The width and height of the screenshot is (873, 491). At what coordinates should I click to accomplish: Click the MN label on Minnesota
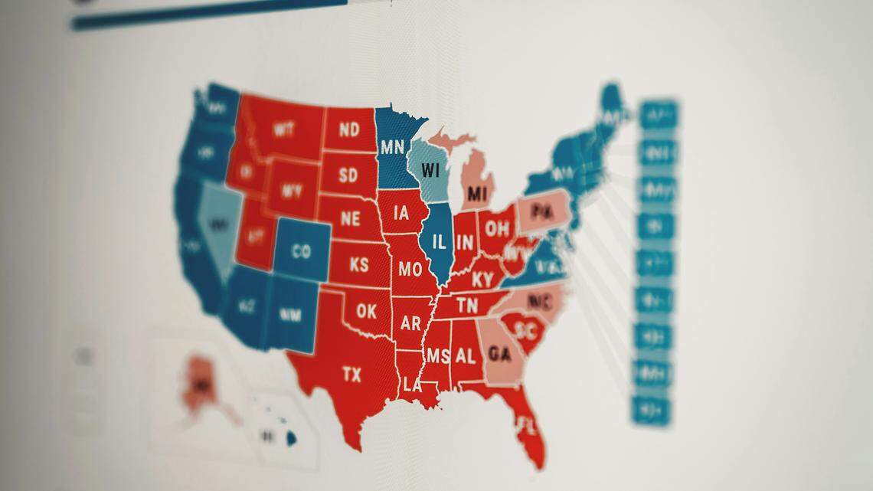pos(392,146)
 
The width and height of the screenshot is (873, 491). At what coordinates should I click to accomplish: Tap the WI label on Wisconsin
pos(431,169)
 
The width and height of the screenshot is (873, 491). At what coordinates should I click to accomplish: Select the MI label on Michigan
pos(477,192)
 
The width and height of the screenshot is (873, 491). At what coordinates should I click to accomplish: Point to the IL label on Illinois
pos(439,243)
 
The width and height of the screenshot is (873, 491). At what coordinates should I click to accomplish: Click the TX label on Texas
pos(351,375)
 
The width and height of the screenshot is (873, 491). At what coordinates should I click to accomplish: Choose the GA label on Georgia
pos(499,354)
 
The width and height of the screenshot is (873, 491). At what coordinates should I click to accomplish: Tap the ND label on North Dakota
pos(349,129)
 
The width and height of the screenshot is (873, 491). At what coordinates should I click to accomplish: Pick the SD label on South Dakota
pos(348,175)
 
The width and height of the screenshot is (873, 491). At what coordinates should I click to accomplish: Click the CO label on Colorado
pos(301,250)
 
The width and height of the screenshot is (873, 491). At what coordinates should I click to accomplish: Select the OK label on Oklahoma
pos(366,312)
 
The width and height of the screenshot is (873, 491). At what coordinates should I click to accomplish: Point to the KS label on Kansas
pos(358,265)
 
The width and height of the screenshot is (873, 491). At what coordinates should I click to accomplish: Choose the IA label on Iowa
pos(401,214)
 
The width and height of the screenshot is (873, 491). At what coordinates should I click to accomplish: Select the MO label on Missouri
pos(410,269)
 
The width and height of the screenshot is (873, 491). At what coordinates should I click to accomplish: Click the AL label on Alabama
pos(465,355)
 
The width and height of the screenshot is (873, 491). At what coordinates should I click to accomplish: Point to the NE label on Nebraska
pos(350,219)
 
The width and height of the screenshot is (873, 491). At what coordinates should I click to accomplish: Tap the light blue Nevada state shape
pos(219,224)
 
